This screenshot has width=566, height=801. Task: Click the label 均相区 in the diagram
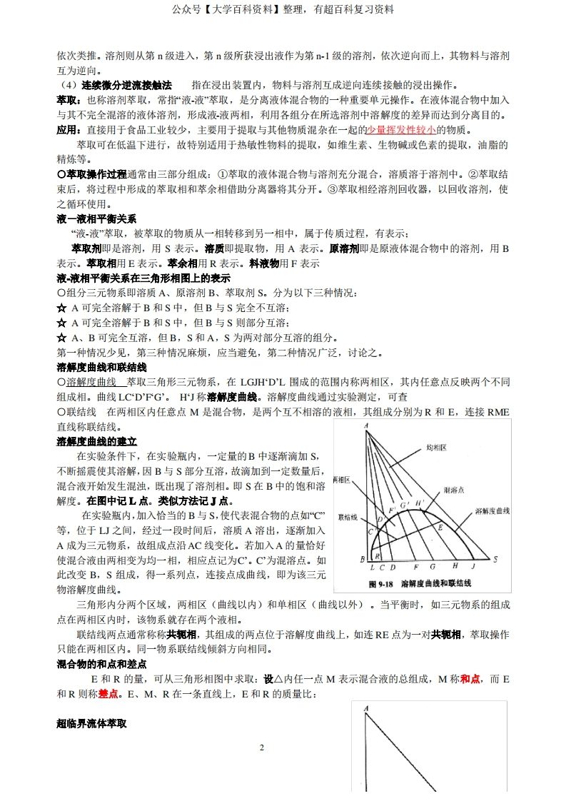pyautogui.click(x=436, y=448)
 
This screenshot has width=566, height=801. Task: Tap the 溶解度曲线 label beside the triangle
pyautogui.click(x=492, y=511)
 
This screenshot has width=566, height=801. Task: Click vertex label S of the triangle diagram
pyautogui.click(x=487, y=559)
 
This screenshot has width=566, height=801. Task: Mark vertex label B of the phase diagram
pyautogui.click(x=363, y=558)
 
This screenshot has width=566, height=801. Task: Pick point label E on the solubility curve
pyautogui.click(x=440, y=528)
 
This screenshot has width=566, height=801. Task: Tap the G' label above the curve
pyautogui.click(x=403, y=505)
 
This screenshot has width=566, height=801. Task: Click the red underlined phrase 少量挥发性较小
pyautogui.click(x=401, y=130)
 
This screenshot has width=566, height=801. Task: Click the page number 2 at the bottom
pyautogui.click(x=261, y=747)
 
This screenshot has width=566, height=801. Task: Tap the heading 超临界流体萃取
pyautogui.click(x=91, y=723)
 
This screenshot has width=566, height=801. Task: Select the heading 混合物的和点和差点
pyautogui.click(x=101, y=664)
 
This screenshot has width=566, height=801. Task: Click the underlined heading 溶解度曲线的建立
pyautogui.click(x=96, y=441)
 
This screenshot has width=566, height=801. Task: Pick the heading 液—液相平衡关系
pyautogui.click(x=96, y=218)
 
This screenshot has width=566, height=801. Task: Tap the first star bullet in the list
pyautogui.click(x=61, y=308)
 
